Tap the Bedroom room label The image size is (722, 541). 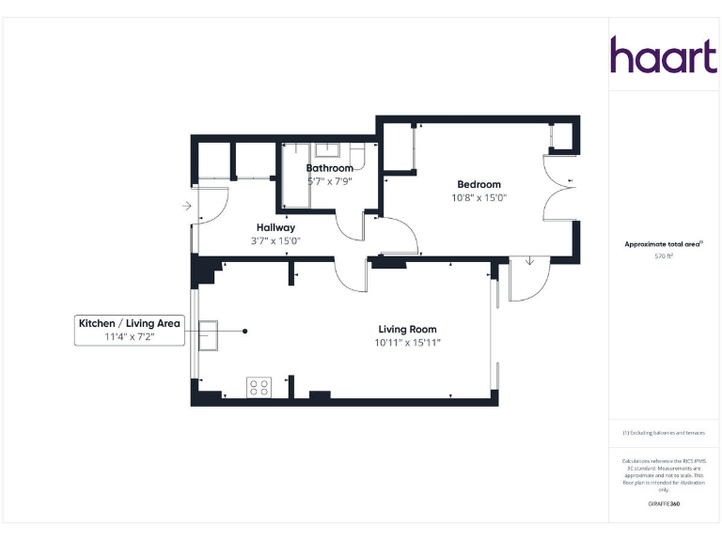pyautogui.click(x=479, y=184)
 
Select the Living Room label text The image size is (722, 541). pyautogui.click(x=407, y=329)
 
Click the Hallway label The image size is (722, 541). pyautogui.click(x=275, y=227)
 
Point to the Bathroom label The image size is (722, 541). pyautogui.click(x=329, y=168)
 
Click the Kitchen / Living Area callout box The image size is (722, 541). pyautogui.click(x=130, y=330)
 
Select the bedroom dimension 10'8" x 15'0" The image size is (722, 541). pyautogui.click(x=479, y=198)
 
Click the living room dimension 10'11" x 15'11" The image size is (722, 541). pyautogui.click(x=407, y=343)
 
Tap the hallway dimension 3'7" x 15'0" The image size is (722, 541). pyautogui.click(x=275, y=241)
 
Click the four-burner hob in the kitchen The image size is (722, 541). pyautogui.click(x=259, y=386)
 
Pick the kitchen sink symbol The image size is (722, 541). pyautogui.click(x=208, y=332)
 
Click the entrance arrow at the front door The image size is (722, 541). pyautogui.click(x=187, y=206)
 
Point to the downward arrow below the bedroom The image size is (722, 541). pyautogui.click(x=529, y=260)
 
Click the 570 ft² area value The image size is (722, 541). pyautogui.click(x=664, y=255)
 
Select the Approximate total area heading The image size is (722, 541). pyautogui.click(x=664, y=243)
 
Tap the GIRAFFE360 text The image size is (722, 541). pyautogui.click(x=664, y=504)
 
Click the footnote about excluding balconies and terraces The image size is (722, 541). pyautogui.click(x=664, y=433)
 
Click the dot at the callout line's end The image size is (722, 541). pyautogui.click(x=245, y=331)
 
